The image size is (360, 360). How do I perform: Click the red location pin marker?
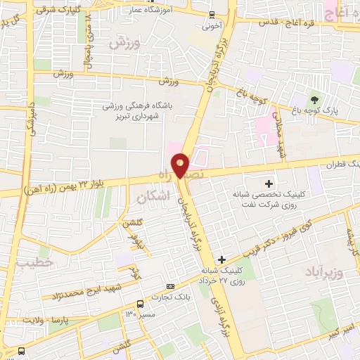tap(181, 165)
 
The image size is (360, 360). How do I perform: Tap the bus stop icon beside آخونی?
tap(212, 14)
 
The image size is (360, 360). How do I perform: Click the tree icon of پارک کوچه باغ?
tap(314, 99)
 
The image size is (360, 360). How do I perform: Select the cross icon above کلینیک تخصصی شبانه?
tap(269, 183)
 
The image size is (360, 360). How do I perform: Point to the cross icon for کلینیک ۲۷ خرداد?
tap(222, 260)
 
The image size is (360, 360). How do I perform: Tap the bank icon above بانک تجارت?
tap(170, 286)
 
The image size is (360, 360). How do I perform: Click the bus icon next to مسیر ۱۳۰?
tap(141, 304)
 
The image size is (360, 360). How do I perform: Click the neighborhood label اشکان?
tap(150, 198)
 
